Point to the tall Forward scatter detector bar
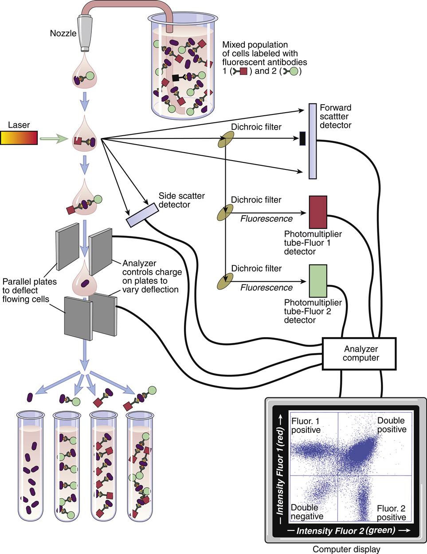312,141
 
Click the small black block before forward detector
302,138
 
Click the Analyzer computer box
358,353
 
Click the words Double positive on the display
392,424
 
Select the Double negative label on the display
307,512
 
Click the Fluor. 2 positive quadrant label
391,513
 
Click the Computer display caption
346,549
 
